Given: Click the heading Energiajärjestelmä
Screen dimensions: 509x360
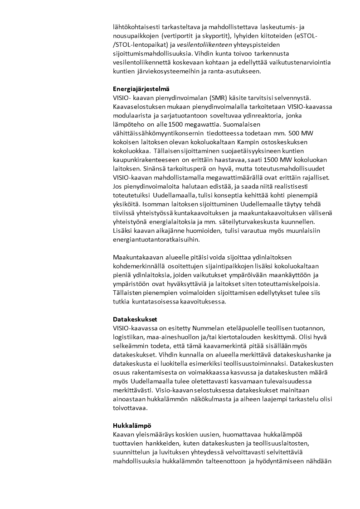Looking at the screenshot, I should [141, 89].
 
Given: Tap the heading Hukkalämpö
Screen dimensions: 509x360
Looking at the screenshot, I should [132, 426].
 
